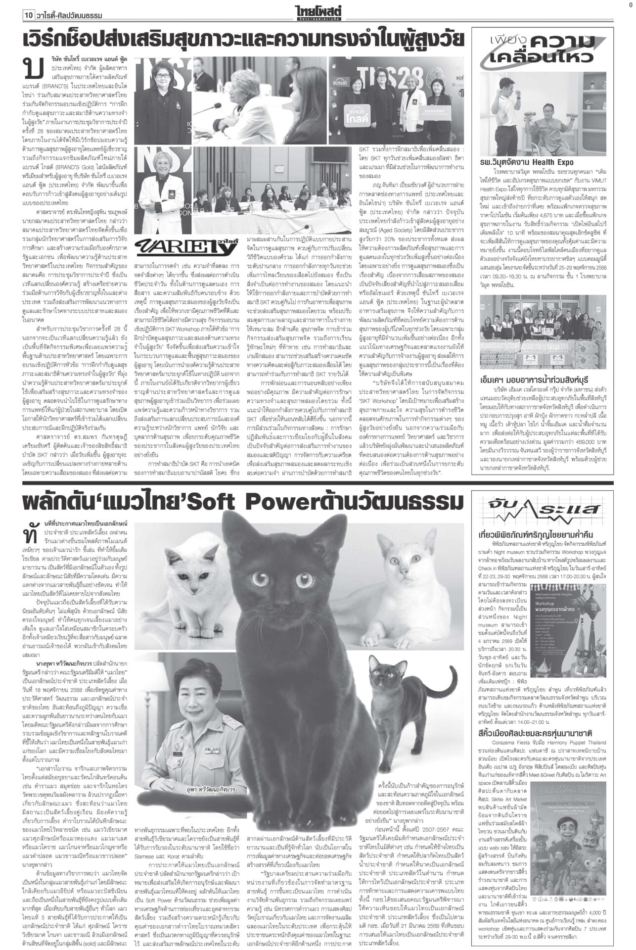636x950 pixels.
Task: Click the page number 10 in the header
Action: pyautogui.click(x=28, y=15)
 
